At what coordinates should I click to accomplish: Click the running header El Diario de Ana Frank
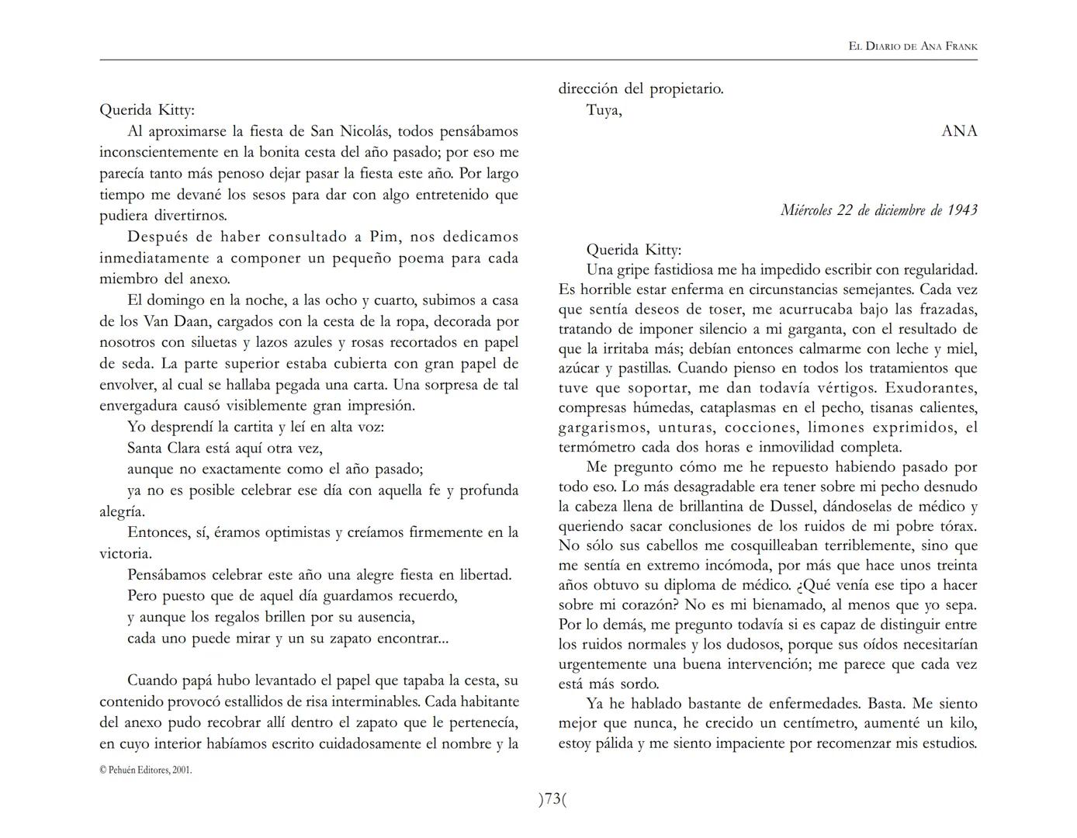point(913,47)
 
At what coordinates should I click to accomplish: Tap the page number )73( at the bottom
point(552,799)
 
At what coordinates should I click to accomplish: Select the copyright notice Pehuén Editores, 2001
point(146,770)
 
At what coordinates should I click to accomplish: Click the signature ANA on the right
point(959,131)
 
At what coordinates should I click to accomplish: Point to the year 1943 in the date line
point(962,210)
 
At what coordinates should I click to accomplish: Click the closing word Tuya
point(603,110)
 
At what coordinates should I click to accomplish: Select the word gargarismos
point(602,428)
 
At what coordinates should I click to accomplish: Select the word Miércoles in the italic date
point(806,210)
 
